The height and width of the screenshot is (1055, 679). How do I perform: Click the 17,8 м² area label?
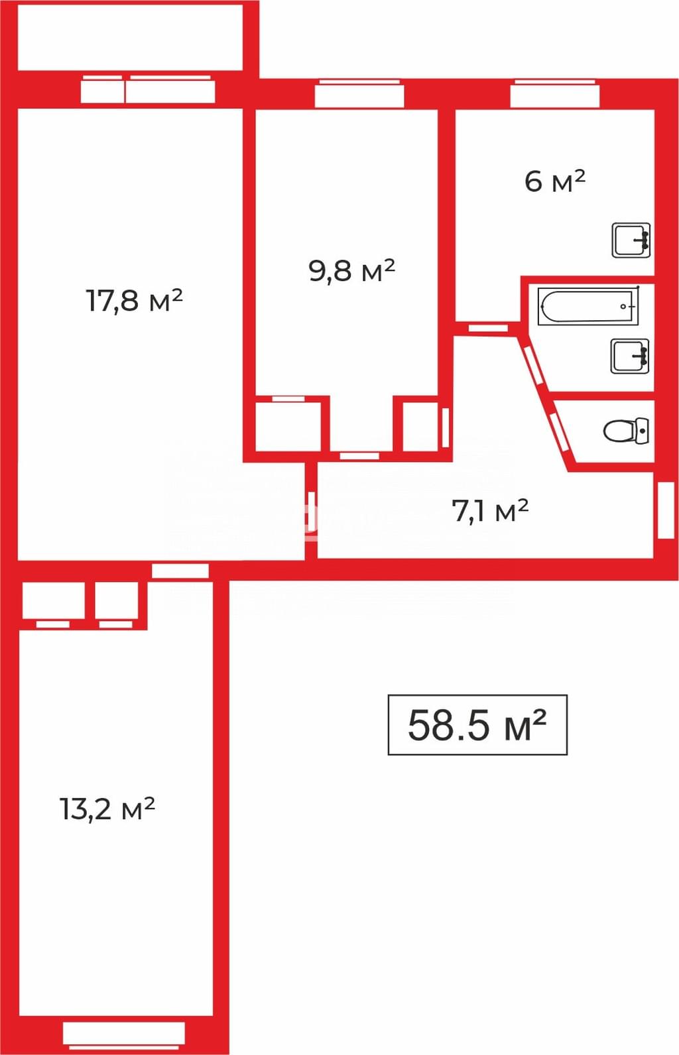(135, 300)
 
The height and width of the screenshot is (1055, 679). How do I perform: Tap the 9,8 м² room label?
(352, 270)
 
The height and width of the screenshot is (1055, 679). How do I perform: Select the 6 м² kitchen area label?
(555, 181)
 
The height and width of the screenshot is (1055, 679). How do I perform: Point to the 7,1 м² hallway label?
(490, 510)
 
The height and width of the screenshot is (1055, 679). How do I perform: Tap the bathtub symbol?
(589, 306)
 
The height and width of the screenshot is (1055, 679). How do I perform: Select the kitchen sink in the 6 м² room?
(631, 240)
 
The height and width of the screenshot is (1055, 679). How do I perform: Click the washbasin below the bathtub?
(630, 357)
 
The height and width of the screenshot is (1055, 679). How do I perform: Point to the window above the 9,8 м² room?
(359, 93)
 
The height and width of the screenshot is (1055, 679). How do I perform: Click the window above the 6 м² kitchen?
(555, 93)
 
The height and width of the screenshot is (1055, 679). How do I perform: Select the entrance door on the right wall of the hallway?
(665, 510)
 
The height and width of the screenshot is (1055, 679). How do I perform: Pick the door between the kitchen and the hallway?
(488, 328)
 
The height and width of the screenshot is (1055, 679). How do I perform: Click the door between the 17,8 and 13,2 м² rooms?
(180, 571)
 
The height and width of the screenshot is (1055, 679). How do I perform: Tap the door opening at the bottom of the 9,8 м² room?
(359, 456)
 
